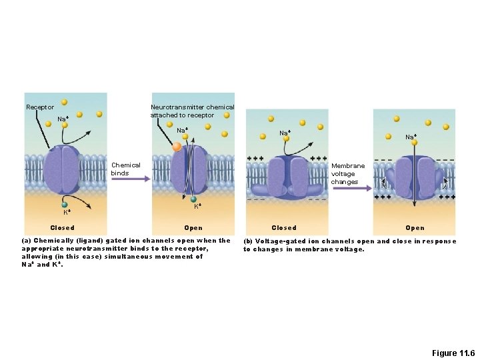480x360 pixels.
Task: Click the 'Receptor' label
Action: point(40,107)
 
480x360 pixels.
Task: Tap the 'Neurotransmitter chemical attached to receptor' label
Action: point(192,111)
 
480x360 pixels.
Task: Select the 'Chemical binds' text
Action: point(126,169)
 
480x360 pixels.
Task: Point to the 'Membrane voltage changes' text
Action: point(348,173)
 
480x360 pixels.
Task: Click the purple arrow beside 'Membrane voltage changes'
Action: point(352,189)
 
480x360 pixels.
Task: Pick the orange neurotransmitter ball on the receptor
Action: point(177,147)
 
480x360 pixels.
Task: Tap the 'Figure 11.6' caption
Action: point(453,353)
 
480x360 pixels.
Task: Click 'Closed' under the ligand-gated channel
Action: point(63,228)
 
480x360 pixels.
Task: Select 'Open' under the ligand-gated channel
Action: point(193,228)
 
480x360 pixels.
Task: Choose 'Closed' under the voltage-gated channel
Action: point(284,228)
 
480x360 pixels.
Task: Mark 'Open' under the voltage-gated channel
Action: point(415,228)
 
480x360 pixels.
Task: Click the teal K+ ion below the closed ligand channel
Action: point(65,205)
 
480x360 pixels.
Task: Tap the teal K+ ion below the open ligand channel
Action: point(193,199)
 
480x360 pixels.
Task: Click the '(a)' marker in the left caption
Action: point(27,241)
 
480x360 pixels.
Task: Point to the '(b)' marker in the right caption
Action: point(248,241)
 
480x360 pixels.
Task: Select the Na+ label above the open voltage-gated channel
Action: point(411,137)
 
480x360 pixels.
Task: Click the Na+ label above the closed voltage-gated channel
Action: point(285,133)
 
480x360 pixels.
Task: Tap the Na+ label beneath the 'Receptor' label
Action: point(63,119)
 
